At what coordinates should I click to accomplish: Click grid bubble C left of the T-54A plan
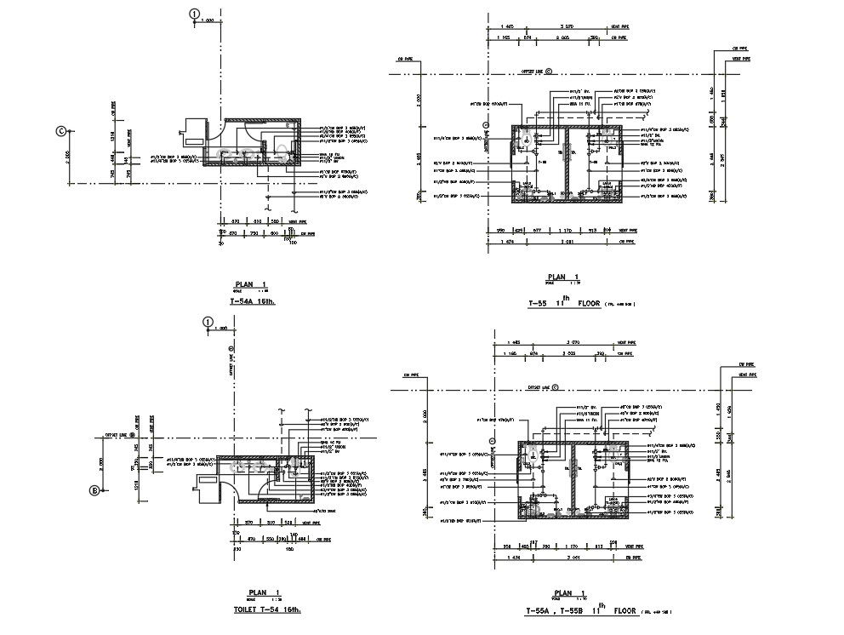pyautogui.click(x=60, y=131)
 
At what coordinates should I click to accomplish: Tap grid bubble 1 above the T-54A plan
pyautogui.click(x=195, y=14)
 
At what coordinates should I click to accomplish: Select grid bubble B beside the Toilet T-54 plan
pyautogui.click(x=95, y=489)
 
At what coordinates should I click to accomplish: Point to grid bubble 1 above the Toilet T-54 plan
pyautogui.click(x=206, y=321)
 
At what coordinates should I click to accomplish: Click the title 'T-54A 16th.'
pyautogui.click(x=254, y=301)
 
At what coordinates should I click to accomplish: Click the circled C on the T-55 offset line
pyautogui.click(x=549, y=72)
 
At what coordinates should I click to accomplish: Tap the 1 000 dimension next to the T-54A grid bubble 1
pyautogui.click(x=208, y=20)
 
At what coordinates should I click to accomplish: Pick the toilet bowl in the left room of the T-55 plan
pyautogui.click(x=527, y=140)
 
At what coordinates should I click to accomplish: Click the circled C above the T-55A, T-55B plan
pyautogui.click(x=556, y=386)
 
